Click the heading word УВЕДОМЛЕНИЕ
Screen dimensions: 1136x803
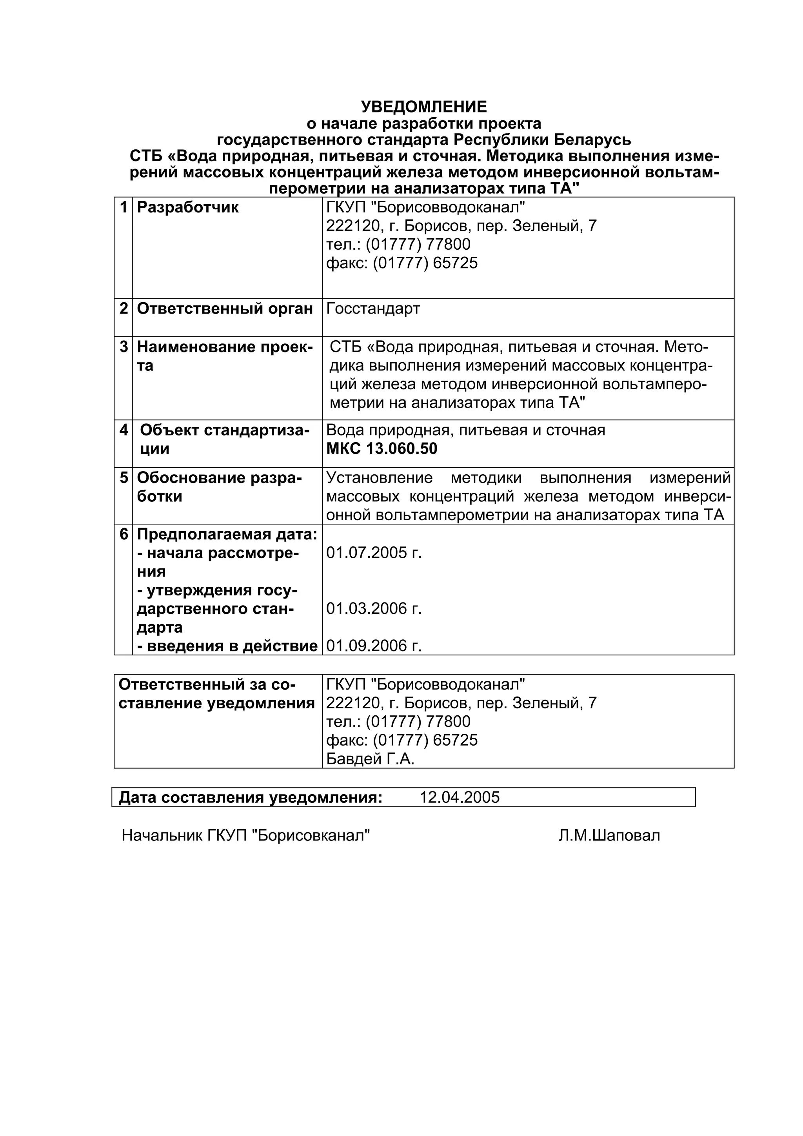(x=423, y=107)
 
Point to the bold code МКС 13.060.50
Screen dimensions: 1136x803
(x=382, y=449)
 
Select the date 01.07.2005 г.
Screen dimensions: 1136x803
(x=374, y=553)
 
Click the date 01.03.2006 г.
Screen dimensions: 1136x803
(x=374, y=608)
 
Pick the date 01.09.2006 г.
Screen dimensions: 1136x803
(x=374, y=646)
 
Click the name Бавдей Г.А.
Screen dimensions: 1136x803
(x=370, y=759)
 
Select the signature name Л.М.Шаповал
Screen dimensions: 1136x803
(x=609, y=836)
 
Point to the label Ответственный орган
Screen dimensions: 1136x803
(x=225, y=309)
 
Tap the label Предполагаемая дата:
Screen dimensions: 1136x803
(x=227, y=534)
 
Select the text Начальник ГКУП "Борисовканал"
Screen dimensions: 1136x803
(x=246, y=836)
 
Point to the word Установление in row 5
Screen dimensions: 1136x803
(x=379, y=478)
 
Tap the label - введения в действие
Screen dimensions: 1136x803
(x=227, y=646)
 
